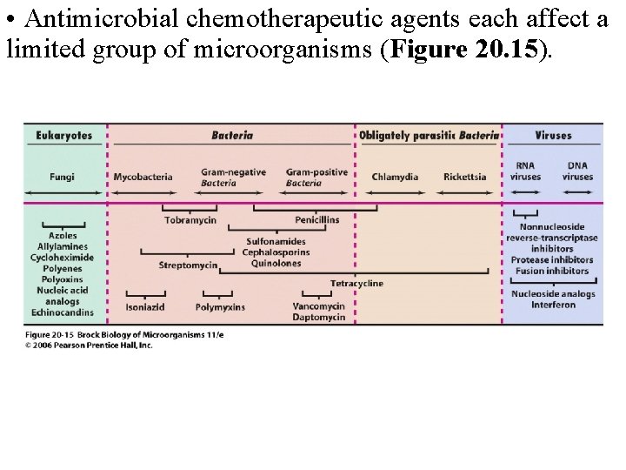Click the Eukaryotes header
point(63,136)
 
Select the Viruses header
point(553,136)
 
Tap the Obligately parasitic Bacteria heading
point(429,136)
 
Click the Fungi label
point(63,177)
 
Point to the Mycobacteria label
point(143,177)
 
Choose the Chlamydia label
point(395,177)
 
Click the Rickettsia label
point(464,177)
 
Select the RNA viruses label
point(525,171)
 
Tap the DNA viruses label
point(577,171)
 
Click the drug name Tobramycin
point(191,220)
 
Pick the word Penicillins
point(316,220)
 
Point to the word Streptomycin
point(188,265)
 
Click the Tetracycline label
point(356,284)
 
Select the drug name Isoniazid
point(145,307)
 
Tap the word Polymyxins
point(220,307)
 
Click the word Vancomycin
point(319,306)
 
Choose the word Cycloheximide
point(63,258)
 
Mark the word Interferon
point(553,305)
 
